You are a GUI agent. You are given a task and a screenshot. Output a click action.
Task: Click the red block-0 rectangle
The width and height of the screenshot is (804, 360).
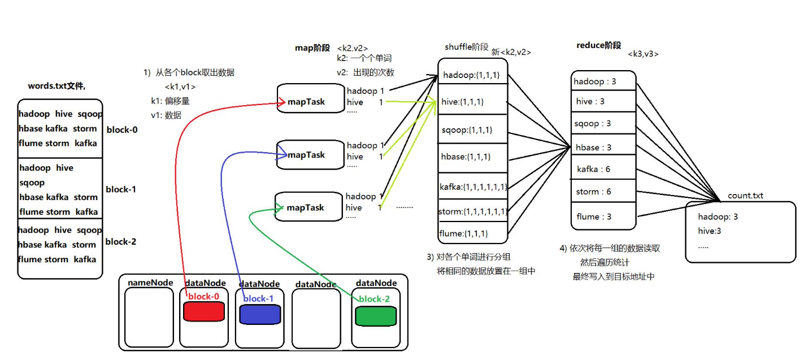(204, 311)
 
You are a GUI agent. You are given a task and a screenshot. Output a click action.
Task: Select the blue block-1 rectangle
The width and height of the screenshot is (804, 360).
(259, 314)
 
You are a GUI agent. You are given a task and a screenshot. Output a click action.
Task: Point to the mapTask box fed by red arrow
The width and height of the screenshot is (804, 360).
(311, 102)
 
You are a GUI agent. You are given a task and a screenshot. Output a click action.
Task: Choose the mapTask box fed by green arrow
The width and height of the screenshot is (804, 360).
(308, 207)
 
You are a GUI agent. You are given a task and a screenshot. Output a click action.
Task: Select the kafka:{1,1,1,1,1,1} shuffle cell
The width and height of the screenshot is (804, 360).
(473, 186)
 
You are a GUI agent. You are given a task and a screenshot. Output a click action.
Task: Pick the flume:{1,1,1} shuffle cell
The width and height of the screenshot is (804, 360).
(463, 233)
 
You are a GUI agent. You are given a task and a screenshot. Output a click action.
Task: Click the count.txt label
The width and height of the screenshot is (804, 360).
(745, 196)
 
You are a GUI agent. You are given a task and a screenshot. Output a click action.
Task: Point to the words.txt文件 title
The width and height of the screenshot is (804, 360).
(57, 86)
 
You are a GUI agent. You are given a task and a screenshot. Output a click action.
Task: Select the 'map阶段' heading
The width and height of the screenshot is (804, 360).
(312, 48)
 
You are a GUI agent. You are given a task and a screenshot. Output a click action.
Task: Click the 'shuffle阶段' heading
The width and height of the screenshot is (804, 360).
(467, 47)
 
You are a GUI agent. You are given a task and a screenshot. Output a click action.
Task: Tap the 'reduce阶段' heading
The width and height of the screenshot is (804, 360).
(598, 45)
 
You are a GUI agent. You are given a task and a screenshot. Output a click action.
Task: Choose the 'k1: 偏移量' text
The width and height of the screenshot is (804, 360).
(170, 101)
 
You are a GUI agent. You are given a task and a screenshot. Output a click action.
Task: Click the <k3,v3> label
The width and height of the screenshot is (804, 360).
(643, 54)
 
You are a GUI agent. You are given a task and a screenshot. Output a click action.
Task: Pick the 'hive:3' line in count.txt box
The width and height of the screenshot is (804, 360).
(710, 231)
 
